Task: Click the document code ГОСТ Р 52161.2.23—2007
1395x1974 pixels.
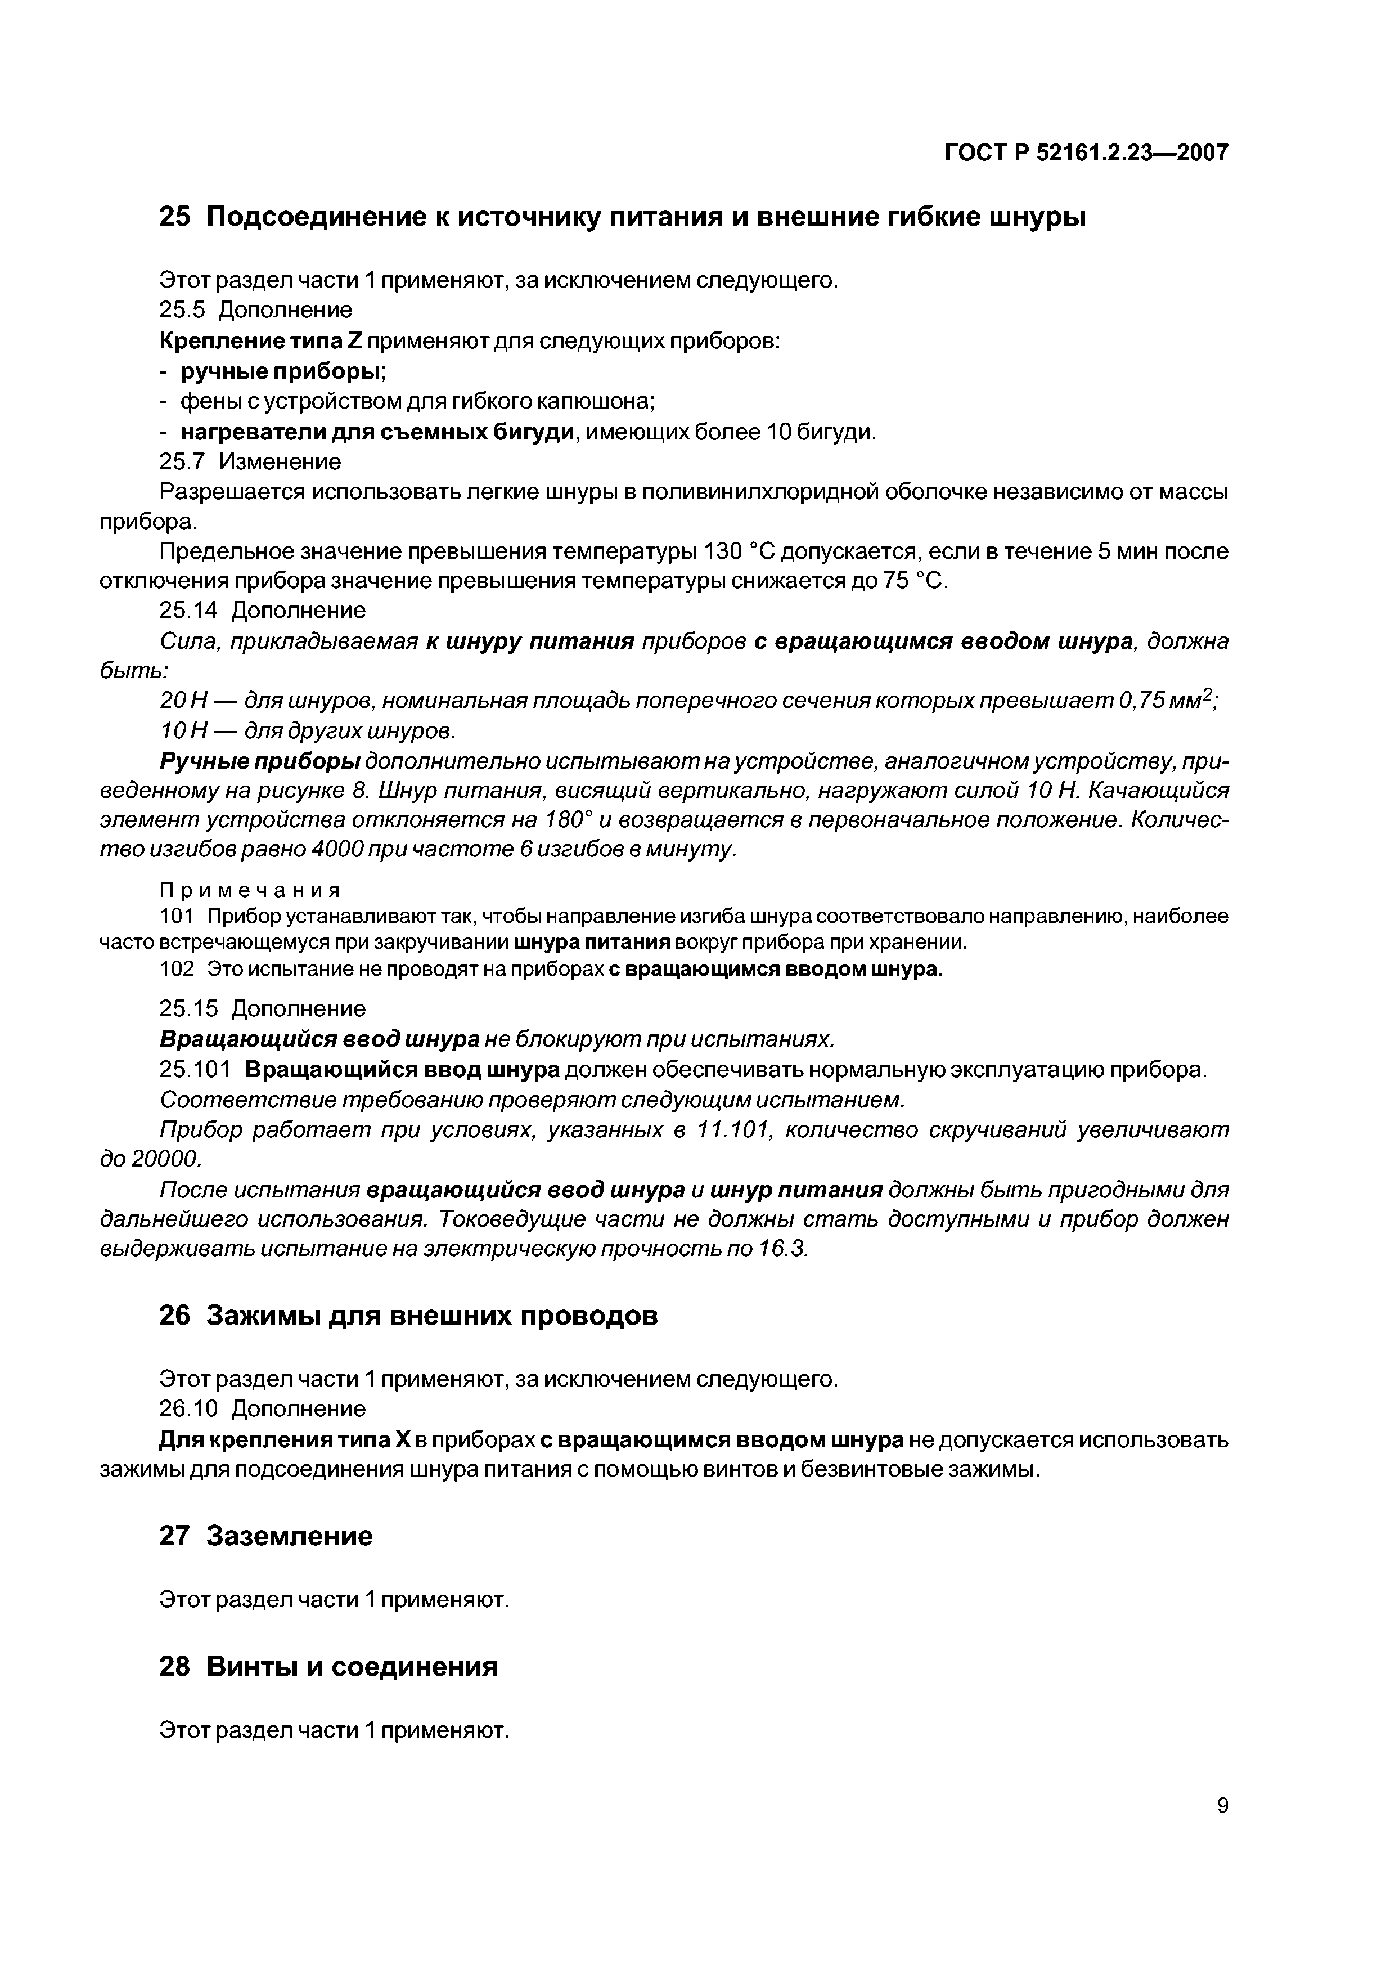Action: tap(1086, 153)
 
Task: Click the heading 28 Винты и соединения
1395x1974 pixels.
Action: tap(328, 1666)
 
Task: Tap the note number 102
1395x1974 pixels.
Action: tap(177, 969)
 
